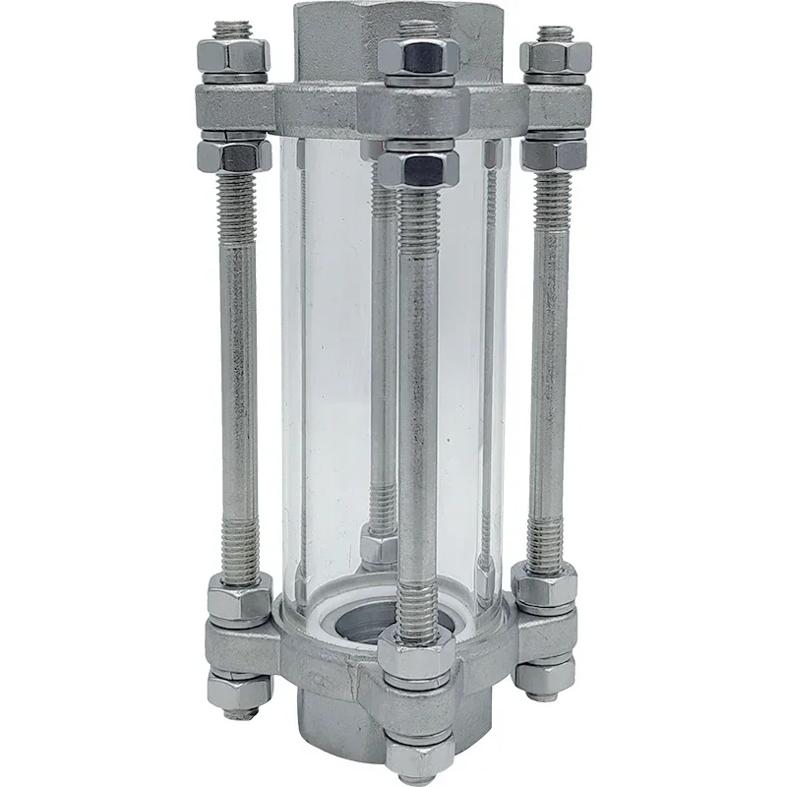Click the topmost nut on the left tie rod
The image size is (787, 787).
tap(233, 59)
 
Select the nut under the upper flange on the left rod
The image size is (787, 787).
tap(234, 153)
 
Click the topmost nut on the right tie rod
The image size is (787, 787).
tap(555, 58)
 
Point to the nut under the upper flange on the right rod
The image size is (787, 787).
tap(554, 152)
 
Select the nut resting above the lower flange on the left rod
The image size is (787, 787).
tap(239, 598)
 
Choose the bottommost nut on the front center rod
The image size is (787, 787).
tap(420, 756)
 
